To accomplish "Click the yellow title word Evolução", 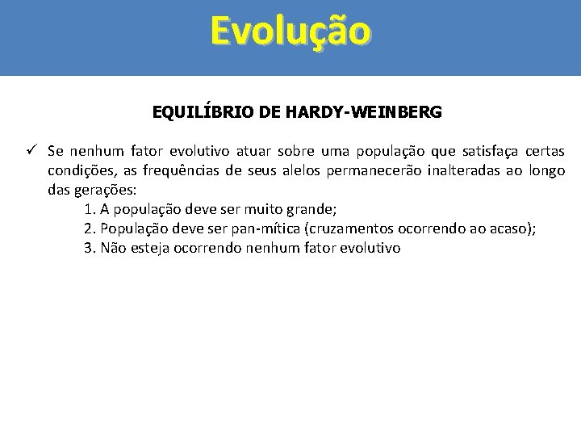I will pyautogui.click(x=290, y=31).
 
